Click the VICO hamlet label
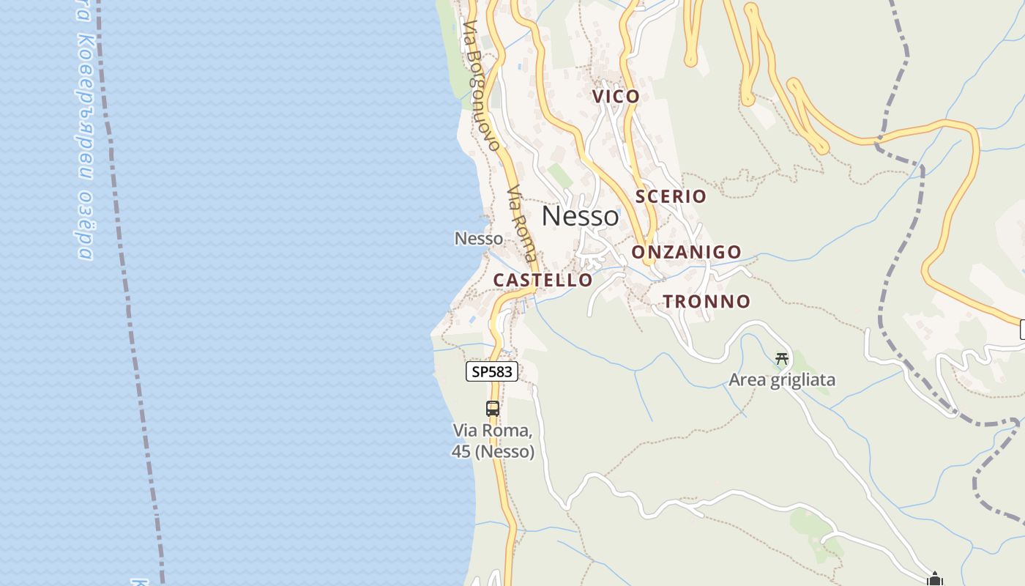(x=616, y=96)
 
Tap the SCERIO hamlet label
(x=671, y=196)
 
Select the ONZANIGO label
(x=686, y=253)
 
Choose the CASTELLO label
(x=543, y=280)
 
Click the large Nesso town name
(x=580, y=216)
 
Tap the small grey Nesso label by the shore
(x=479, y=238)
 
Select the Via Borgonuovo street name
(x=481, y=85)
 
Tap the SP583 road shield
(x=492, y=371)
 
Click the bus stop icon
(x=493, y=409)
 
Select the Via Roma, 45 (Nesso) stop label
(x=493, y=441)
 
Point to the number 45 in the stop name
(x=461, y=452)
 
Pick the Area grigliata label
(x=781, y=380)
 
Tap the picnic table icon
(x=782, y=358)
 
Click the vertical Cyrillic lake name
(x=84, y=132)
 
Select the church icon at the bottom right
(x=934, y=579)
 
